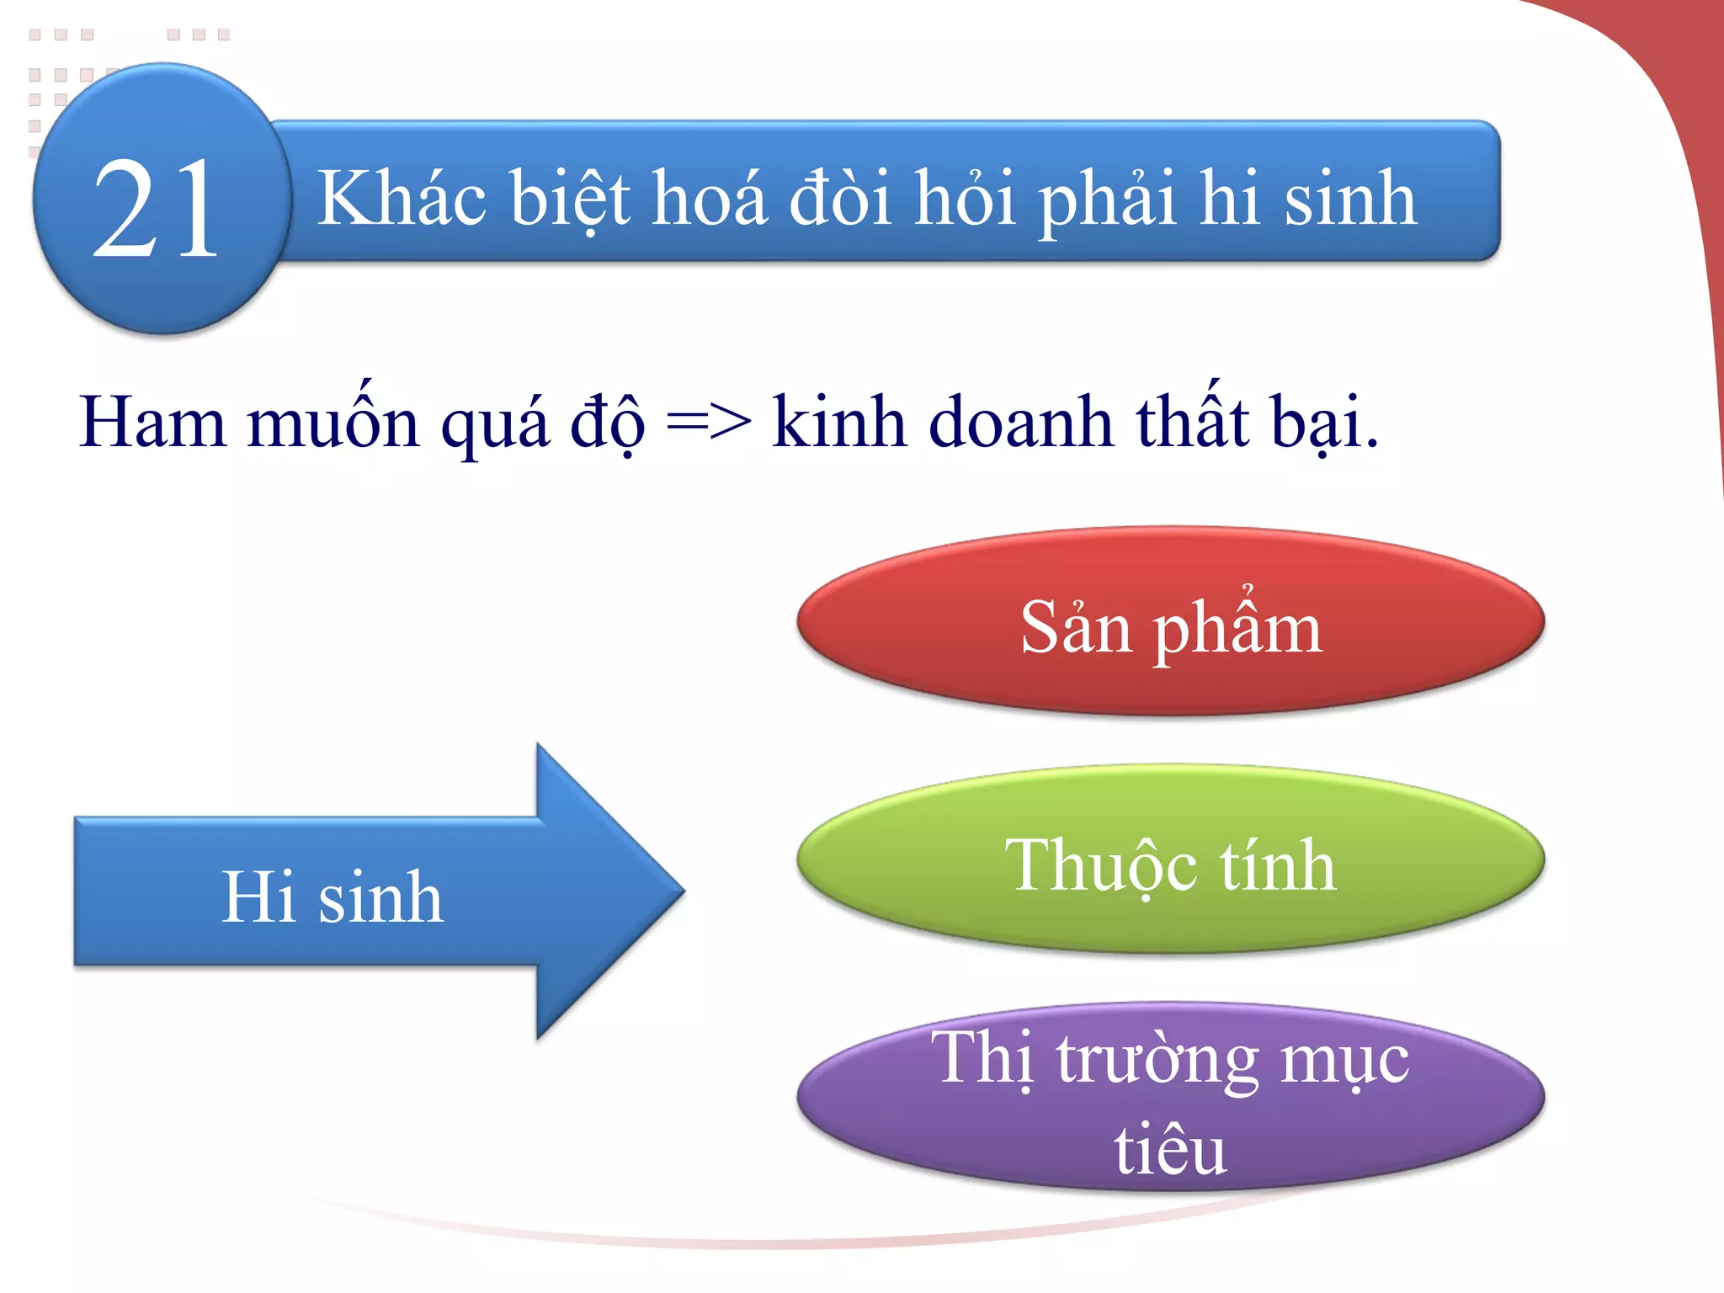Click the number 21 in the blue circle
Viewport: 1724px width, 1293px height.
pos(157,209)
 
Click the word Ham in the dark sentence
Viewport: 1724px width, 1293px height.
pos(152,422)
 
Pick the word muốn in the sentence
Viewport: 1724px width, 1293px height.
pos(333,422)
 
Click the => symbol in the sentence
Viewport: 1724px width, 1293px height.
pos(708,422)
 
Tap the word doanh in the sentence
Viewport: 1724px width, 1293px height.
pos(1020,422)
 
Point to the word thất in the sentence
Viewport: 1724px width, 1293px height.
pos(1193,422)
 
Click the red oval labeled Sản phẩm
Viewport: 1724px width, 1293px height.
pos(1170,621)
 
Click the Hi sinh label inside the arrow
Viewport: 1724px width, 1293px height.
pos(332,897)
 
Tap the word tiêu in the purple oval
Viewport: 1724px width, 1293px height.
pos(1170,1150)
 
